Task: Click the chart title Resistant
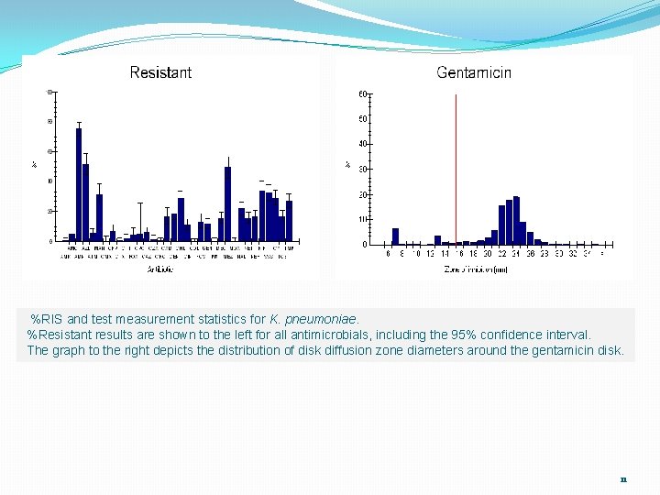pos(160,72)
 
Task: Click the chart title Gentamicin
pos(474,72)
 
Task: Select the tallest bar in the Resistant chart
pos(79,183)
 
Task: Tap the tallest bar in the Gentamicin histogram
pos(516,221)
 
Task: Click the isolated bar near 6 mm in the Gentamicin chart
pos(395,236)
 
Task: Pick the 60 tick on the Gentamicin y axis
pos(363,93)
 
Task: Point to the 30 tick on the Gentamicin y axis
pos(363,169)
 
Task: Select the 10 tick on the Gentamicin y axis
pos(363,219)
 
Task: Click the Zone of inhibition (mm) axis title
pos(476,269)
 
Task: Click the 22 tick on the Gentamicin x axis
pos(502,254)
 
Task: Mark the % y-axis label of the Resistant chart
pos(35,165)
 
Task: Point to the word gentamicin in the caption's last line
pos(565,350)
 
